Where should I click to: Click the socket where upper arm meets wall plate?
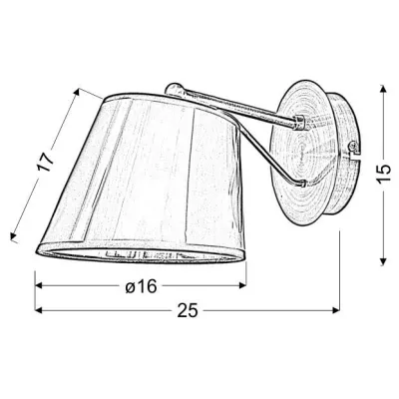click(x=298, y=123)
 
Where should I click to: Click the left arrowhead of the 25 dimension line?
click(x=39, y=311)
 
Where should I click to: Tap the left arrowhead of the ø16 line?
click(x=39, y=286)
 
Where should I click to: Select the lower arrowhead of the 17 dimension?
click(x=13, y=239)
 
